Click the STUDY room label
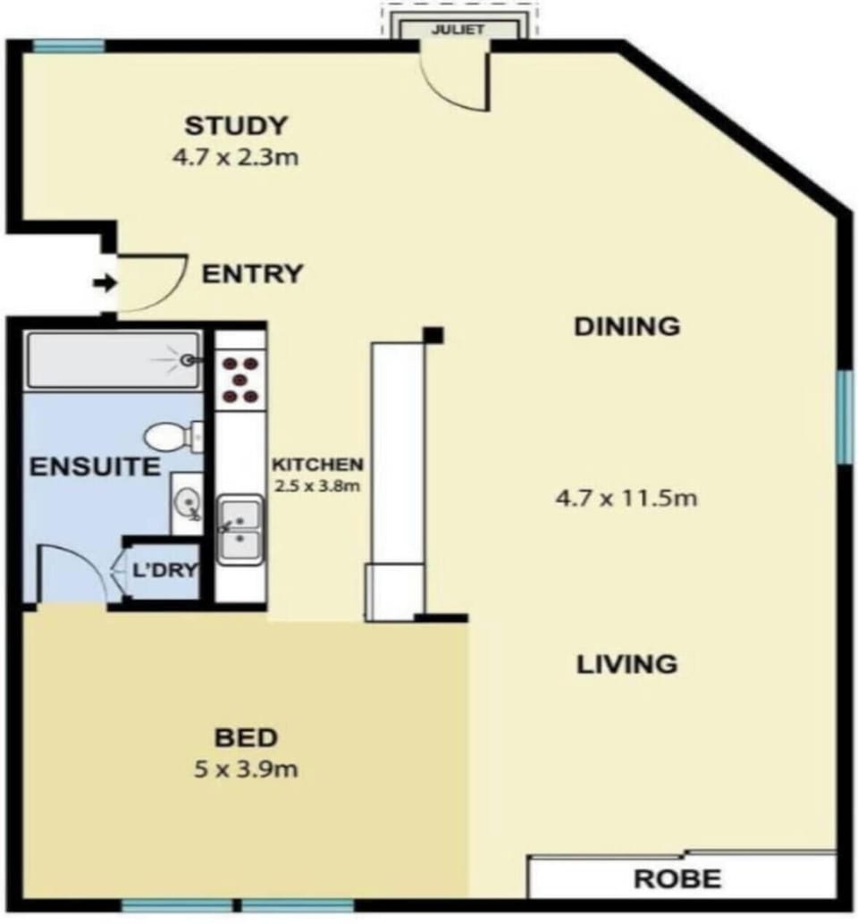pos(236,125)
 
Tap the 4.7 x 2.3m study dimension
pos(235,157)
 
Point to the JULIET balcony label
pos(458,29)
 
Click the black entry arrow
pos(105,283)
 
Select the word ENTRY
pos(252,274)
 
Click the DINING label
pos(627,326)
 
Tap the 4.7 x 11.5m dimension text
pos(627,499)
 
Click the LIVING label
pos(627,664)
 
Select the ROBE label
pos(677,878)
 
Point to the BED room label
pos(246,737)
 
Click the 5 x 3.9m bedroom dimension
pos(246,769)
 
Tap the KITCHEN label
pos(317,465)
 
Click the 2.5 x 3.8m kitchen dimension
pos(317,486)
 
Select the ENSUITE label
pos(95,466)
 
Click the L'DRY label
pos(164,570)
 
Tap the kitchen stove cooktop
pos(240,380)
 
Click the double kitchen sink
pos(240,530)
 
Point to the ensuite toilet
pos(173,437)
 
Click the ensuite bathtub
pos(113,361)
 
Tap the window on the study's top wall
pos(68,46)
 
